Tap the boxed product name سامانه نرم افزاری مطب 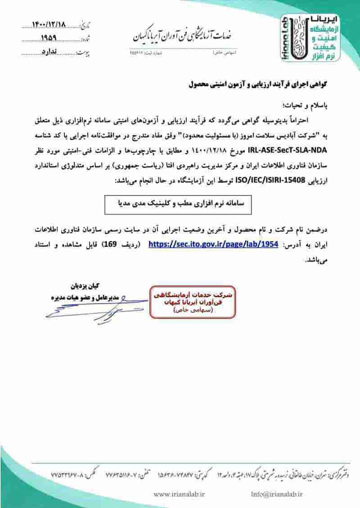click(x=178, y=204)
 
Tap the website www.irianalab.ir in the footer click(x=180, y=494)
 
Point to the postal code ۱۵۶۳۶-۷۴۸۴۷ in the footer click(x=177, y=474)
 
